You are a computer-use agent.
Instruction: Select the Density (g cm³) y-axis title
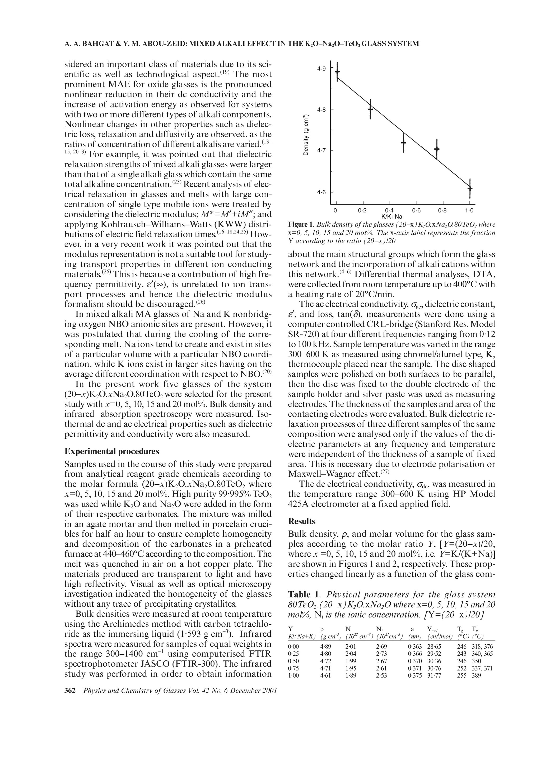point(305,135)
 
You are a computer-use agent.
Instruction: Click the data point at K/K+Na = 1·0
point(470,188)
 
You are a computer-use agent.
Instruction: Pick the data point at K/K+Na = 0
point(337,72)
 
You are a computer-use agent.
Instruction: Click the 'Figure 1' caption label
point(300,224)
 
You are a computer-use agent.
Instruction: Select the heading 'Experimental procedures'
point(112,451)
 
